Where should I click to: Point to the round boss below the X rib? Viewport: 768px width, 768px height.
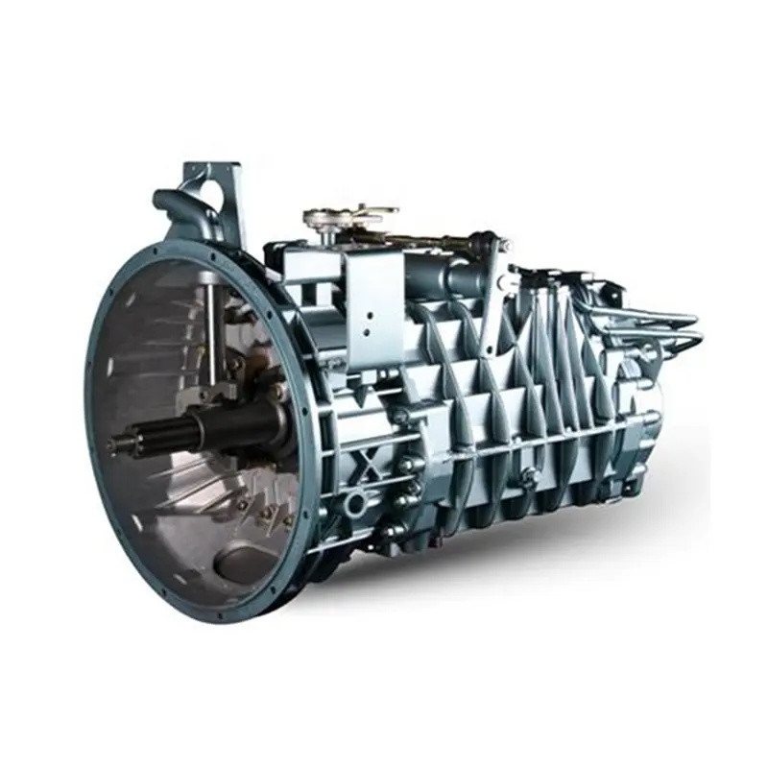click(x=356, y=502)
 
